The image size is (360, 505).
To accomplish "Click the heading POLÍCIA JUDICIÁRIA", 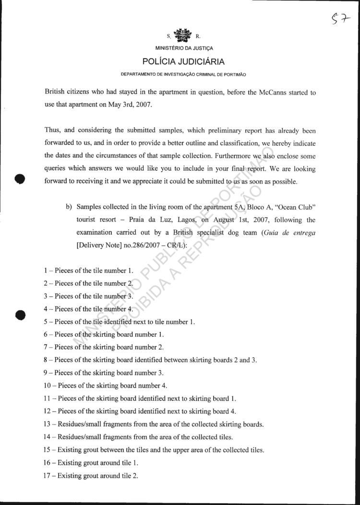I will click(183, 62).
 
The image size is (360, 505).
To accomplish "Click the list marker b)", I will click(68, 207).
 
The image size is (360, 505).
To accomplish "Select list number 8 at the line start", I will click(47, 360).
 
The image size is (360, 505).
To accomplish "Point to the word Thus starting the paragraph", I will click(52, 130).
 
